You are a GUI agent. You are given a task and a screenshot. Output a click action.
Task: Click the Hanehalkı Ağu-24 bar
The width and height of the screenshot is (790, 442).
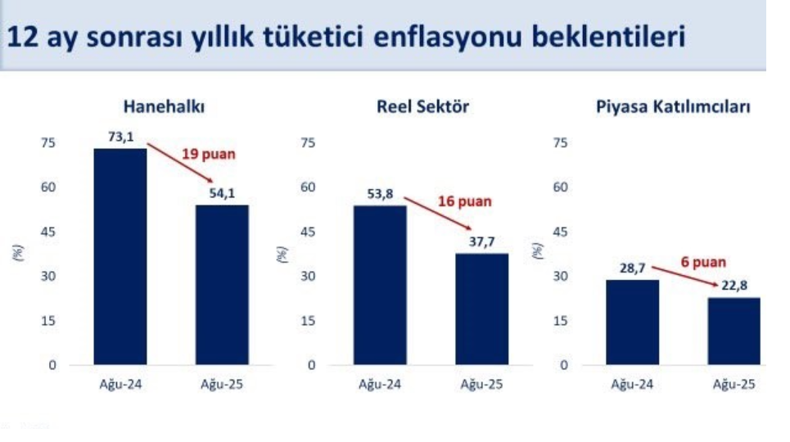[120, 256]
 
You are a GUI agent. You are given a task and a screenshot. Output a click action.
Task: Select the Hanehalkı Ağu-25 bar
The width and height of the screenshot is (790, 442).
[222, 285]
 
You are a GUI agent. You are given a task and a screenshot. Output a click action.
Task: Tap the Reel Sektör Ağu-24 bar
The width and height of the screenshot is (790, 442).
[380, 286]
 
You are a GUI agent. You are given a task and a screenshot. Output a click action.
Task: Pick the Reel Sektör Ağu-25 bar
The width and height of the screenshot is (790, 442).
[481, 309]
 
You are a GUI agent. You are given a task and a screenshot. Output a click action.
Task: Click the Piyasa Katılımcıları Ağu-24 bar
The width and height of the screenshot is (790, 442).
[632, 322]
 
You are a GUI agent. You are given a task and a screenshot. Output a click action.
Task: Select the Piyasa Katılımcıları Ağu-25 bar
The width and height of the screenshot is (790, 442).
[734, 331]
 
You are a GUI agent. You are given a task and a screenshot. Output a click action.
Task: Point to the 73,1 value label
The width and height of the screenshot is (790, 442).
[121, 137]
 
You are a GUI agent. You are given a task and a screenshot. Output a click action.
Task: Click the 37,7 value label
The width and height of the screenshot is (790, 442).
[481, 242]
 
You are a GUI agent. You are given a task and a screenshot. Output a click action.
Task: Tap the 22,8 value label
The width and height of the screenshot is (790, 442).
[734, 286]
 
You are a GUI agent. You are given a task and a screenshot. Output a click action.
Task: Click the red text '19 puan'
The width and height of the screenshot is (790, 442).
[209, 154]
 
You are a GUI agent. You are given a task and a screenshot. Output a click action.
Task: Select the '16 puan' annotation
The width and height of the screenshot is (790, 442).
[464, 201]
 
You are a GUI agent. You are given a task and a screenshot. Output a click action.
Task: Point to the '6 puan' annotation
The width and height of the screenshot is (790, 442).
[703, 262]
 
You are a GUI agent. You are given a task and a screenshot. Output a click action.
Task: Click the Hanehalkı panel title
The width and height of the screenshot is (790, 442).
[164, 106]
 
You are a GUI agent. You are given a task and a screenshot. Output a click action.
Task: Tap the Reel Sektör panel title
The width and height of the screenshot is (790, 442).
[422, 106]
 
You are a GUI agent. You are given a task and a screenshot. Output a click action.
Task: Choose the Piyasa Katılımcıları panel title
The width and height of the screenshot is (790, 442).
[673, 106]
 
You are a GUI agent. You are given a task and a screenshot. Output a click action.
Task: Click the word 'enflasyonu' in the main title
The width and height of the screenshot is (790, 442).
[448, 37]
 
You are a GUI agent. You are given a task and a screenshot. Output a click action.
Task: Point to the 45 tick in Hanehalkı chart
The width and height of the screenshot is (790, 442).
[48, 232]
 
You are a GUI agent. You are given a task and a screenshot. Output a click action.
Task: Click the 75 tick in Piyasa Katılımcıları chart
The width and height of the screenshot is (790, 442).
[560, 142]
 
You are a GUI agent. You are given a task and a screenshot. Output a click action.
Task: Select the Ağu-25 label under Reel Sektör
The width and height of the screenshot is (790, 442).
[481, 385]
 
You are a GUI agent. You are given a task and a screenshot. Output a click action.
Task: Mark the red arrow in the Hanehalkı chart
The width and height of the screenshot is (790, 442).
[180, 163]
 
